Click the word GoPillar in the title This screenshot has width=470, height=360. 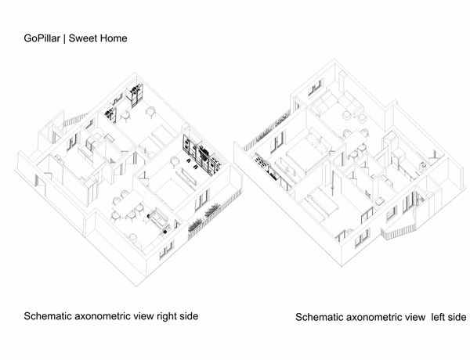click(x=42, y=38)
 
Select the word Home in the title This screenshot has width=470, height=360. click(x=114, y=38)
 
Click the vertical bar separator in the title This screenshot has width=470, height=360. click(x=64, y=38)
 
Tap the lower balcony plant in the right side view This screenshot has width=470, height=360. click(x=195, y=224)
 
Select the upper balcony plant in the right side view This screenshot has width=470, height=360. click(x=212, y=209)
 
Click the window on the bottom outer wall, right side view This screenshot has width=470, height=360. click(x=166, y=249)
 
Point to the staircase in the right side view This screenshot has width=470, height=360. click(x=74, y=119)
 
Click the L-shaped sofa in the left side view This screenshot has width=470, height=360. click(x=336, y=102)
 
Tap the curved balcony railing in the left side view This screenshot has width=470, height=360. click(x=399, y=232)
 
